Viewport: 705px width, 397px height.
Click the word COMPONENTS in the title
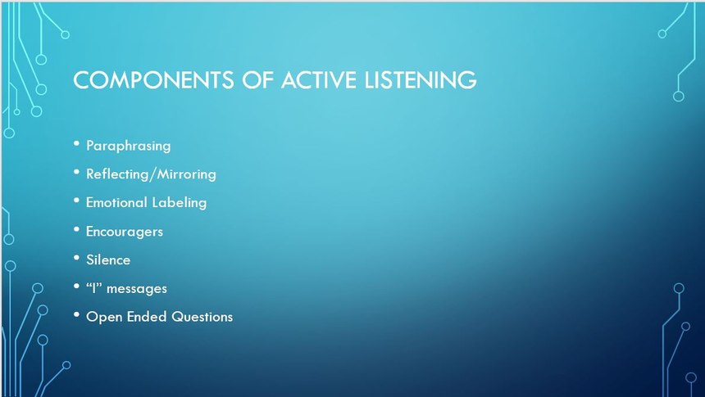tap(153, 80)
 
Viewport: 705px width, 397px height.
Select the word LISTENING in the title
tap(421, 80)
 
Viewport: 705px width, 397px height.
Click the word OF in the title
tap(257, 80)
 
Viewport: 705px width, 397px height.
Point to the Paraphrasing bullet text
tap(128, 146)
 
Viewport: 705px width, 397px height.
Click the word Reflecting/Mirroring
tap(151, 174)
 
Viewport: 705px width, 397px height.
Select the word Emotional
tap(116, 202)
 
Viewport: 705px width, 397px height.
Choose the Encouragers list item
tap(125, 232)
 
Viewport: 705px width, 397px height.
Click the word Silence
tap(108, 259)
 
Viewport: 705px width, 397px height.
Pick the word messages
tap(137, 289)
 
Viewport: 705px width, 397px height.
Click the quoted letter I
tap(94, 288)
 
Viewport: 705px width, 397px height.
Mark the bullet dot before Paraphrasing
tap(76, 143)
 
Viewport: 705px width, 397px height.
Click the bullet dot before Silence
tap(76, 258)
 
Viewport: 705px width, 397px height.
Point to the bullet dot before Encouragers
tap(76, 229)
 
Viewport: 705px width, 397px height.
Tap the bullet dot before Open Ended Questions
tap(76, 315)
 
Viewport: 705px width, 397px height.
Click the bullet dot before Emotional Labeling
tap(76, 201)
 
